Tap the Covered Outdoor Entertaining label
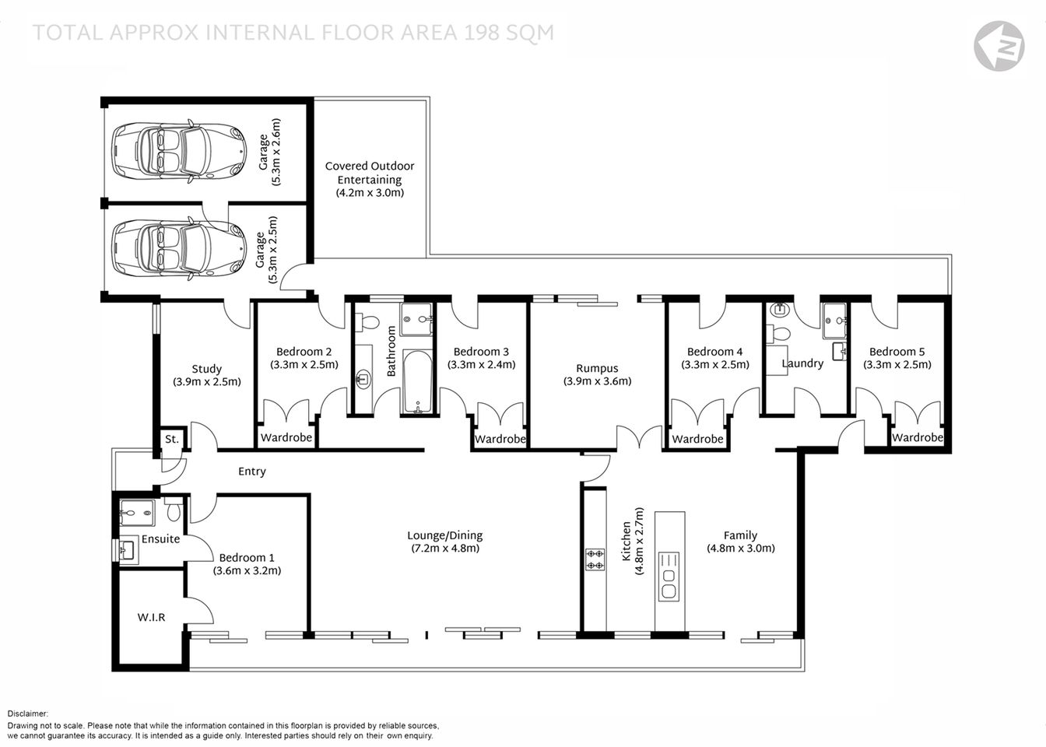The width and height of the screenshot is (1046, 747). tap(370, 173)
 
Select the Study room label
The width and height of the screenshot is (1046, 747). tap(207, 369)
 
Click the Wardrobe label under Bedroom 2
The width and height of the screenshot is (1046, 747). tap(286, 438)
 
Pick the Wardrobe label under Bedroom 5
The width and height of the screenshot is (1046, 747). tap(917, 438)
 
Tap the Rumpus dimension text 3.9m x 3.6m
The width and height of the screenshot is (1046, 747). tap(598, 381)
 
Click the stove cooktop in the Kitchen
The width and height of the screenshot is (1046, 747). tap(595, 559)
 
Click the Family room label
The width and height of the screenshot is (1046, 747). tap(740, 535)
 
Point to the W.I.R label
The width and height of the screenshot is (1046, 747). tap(151, 617)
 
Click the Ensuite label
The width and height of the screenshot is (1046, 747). tap(160, 539)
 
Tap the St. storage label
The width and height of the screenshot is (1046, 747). tap(172, 440)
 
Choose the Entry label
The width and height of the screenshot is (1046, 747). tap(252, 472)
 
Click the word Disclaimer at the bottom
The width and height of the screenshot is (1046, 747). tap(28, 714)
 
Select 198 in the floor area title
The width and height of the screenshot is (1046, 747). tap(484, 33)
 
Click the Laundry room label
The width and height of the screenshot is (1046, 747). tap(802, 363)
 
